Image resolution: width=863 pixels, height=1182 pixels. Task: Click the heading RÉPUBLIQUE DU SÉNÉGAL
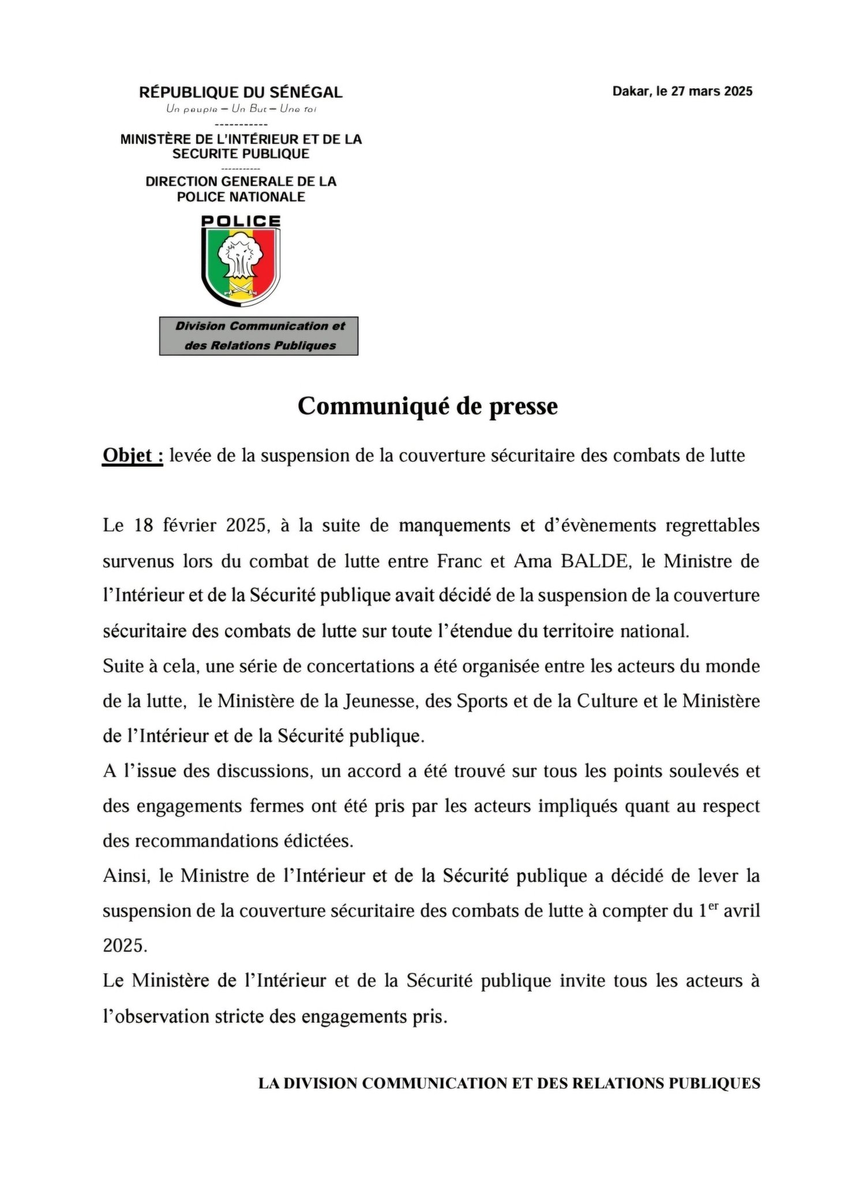[241, 92]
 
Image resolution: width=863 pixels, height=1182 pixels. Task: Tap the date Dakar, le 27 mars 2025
[682, 91]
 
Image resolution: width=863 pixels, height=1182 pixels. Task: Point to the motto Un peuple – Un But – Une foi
[241, 109]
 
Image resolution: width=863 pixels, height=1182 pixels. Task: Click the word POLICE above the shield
[241, 221]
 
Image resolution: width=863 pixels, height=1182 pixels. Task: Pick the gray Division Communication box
[259, 336]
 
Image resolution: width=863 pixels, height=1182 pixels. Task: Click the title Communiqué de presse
[427, 406]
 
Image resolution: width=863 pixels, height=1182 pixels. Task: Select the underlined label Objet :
[133, 456]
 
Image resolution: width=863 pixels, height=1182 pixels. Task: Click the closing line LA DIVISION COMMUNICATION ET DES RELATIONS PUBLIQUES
[509, 1083]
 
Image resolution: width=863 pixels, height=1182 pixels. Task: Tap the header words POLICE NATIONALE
[241, 197]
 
